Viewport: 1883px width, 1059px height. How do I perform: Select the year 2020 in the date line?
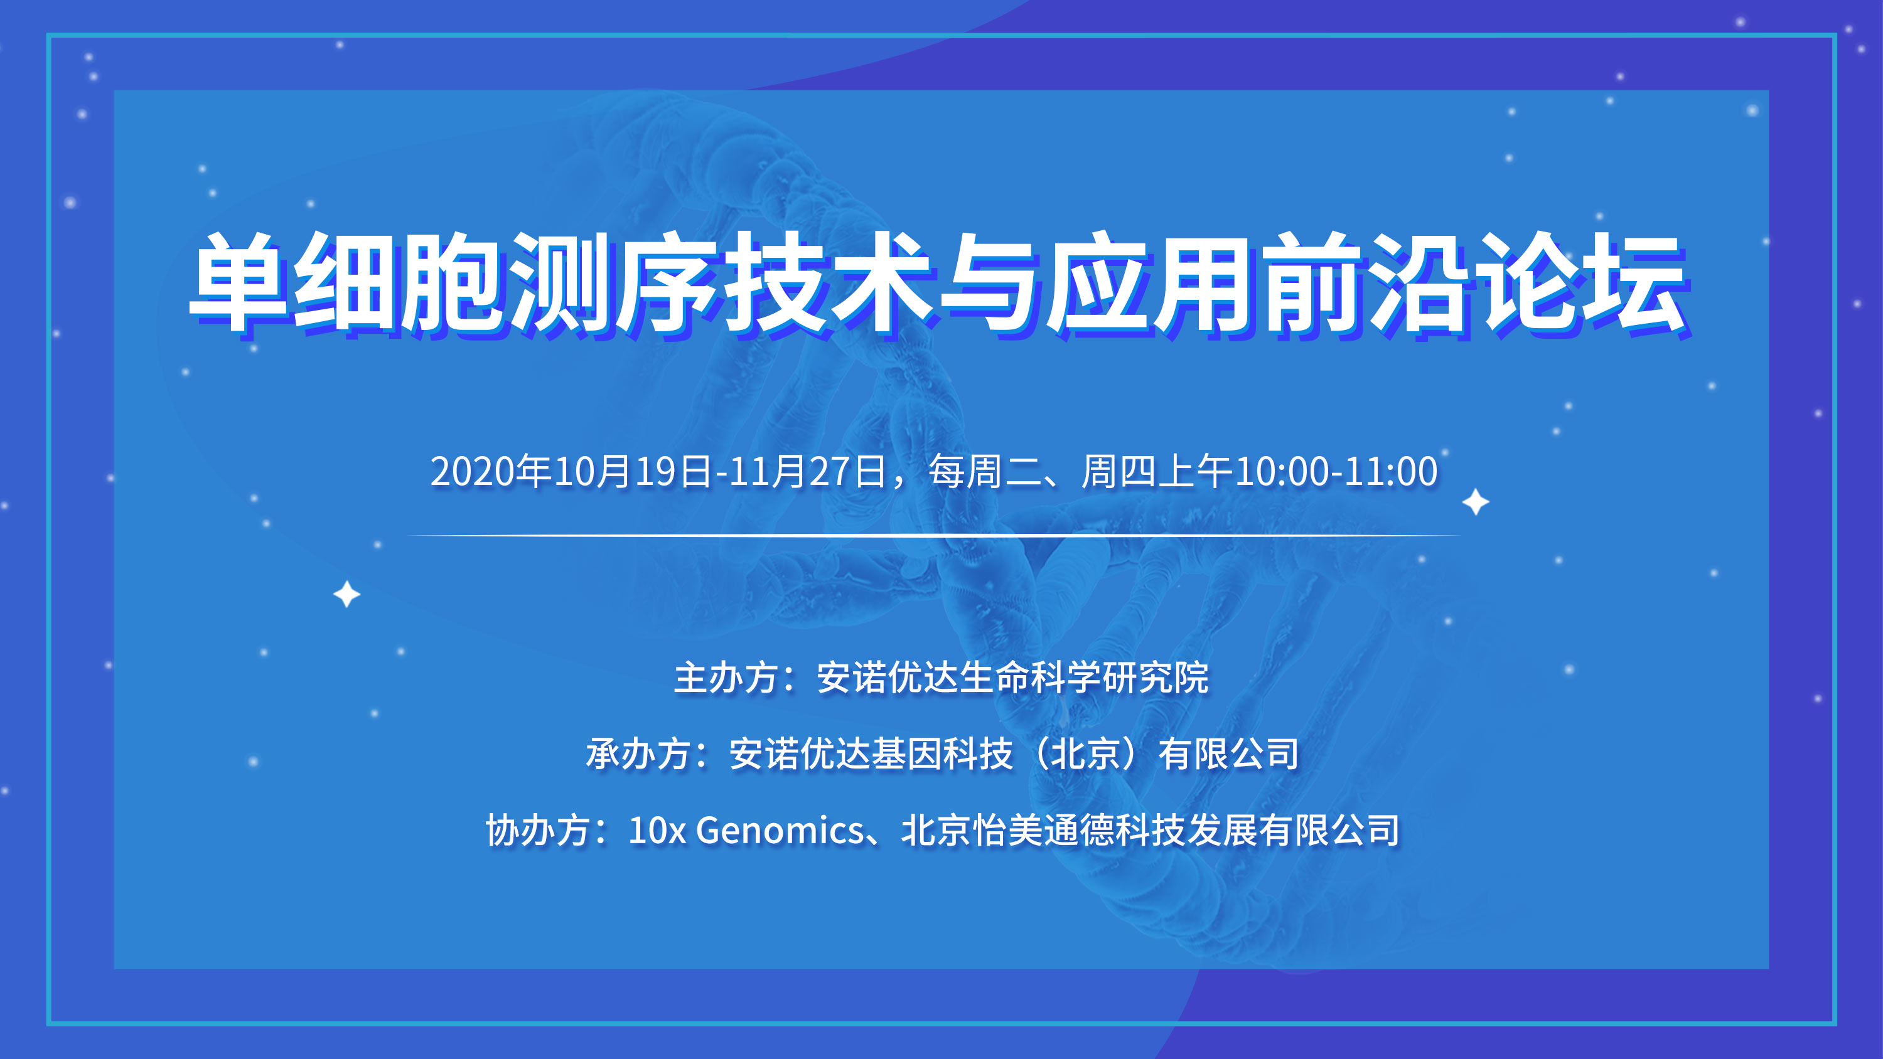[472, 471]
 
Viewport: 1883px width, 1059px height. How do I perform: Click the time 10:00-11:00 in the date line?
[1336, 471]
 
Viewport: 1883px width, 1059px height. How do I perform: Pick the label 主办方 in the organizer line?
[727, 678]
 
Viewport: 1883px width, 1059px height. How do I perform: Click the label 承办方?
[639, 753]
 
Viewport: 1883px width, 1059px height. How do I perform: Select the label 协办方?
[539, 830]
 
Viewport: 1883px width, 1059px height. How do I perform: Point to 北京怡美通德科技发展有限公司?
[1151, 830]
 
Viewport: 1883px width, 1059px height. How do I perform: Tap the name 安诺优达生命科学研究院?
[1012, 678]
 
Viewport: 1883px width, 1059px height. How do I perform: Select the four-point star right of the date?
[1475, 502]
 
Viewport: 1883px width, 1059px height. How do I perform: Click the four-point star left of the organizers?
[346, 594]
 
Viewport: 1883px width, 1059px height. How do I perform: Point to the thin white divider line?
[934, 535]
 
